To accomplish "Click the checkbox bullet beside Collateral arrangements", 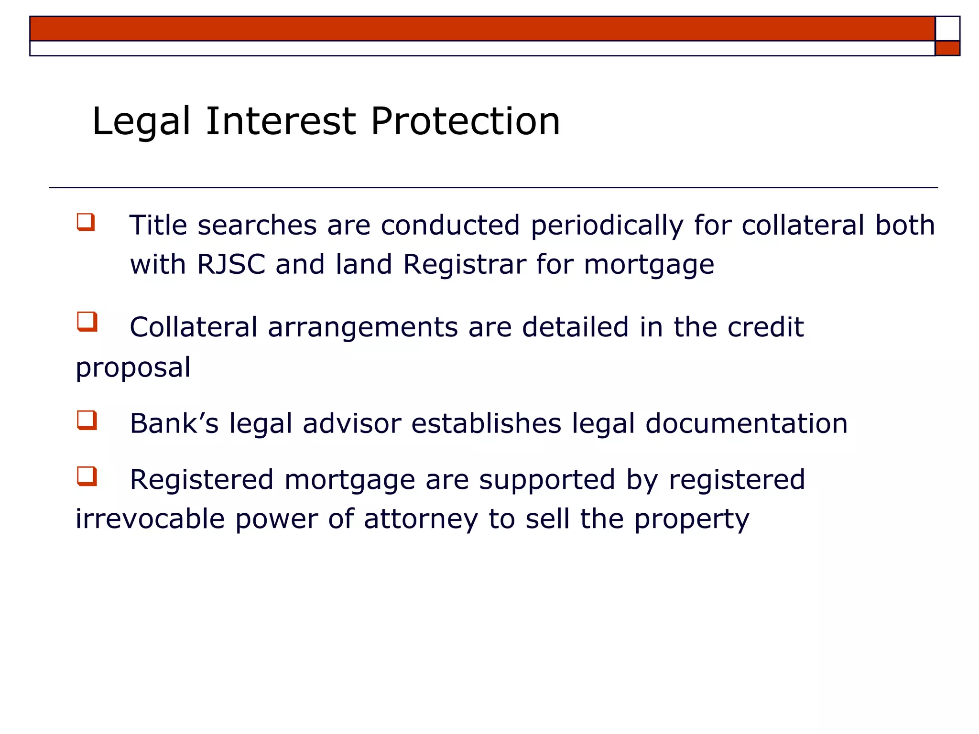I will [87, 322].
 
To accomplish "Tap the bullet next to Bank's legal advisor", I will [87, 421].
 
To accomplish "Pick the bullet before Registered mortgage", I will [87, 476].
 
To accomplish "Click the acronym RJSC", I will [231, 264].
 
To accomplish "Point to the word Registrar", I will [465, 264].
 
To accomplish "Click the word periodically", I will [607, 226].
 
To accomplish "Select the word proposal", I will [133, 368].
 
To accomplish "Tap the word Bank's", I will [174, 423].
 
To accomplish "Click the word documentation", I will [746, 423].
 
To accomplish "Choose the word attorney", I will [421, 520].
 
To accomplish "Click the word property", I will [692, 520].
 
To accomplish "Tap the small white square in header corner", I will [947, 29].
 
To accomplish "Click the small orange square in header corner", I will [947, 48].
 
